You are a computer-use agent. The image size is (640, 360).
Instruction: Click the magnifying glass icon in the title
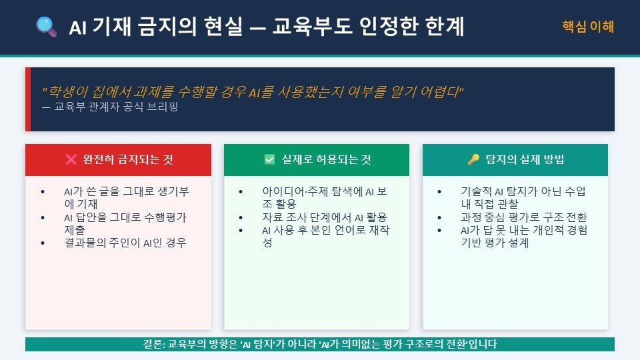tap(46, 27)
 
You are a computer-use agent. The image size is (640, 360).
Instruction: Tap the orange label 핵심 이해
tap(588, 27)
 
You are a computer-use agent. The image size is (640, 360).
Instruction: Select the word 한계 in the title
tap(445, 27)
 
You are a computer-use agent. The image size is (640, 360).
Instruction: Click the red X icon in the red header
tap(71, 159)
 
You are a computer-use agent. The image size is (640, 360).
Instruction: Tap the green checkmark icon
tap(269, 159)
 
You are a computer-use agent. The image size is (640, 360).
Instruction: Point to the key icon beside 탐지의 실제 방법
tap(473, 159)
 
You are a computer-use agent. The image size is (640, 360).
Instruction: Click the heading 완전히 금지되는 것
tap(128, 159)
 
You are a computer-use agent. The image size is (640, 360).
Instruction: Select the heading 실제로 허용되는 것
tap(327, 159)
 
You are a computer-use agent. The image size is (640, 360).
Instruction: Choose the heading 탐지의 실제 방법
tap(525, 159)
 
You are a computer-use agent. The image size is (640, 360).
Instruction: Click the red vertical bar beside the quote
tap(28, 99)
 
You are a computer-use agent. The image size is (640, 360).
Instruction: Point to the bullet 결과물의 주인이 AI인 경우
tap(125, 243)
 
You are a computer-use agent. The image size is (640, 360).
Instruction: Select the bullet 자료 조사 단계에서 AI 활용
tap(325, 217)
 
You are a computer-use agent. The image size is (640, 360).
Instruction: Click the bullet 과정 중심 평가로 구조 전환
tap(524, 217)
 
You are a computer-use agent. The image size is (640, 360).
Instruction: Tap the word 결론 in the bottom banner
tap(153, 344)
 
